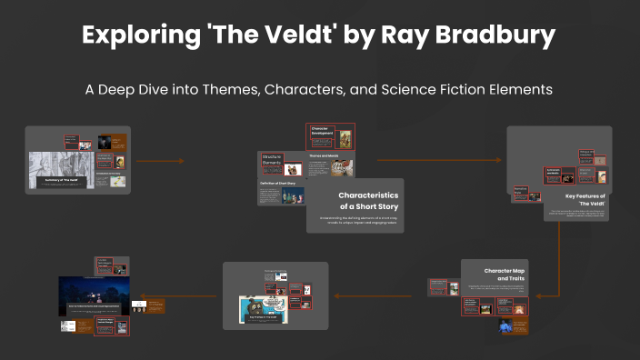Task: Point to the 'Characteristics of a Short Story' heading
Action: coord(368,201)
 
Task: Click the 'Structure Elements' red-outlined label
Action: coord(273,160)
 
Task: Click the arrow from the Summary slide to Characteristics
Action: coord(160,161)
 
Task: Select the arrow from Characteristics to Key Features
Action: coord(440,161)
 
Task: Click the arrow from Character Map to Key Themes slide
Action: coord(377,295)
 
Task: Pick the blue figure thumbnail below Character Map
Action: coord(506,325)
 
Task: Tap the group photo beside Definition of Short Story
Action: coord(295,192)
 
